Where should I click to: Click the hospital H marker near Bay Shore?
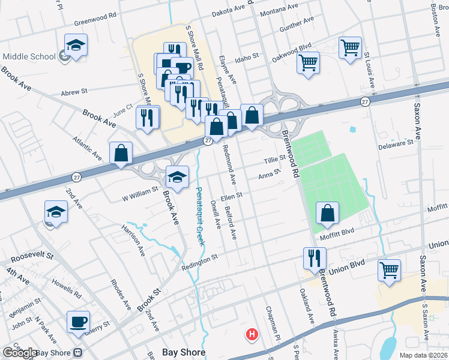click(252, 334)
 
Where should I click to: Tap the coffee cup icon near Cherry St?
click(78, 322)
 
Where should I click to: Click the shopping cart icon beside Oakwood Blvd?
click(308, 62)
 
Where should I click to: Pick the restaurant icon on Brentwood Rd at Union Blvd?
click(315, 258)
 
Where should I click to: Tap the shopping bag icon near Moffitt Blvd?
click(328, 213)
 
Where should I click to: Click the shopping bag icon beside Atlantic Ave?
click(121, 153)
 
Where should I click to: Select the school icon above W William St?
click(177, 176)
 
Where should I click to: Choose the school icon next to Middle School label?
click(76, 45)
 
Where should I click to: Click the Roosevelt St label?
click(30, 256)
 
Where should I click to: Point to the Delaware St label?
click(396, 144)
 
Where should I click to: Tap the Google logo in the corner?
click(20, 353)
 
